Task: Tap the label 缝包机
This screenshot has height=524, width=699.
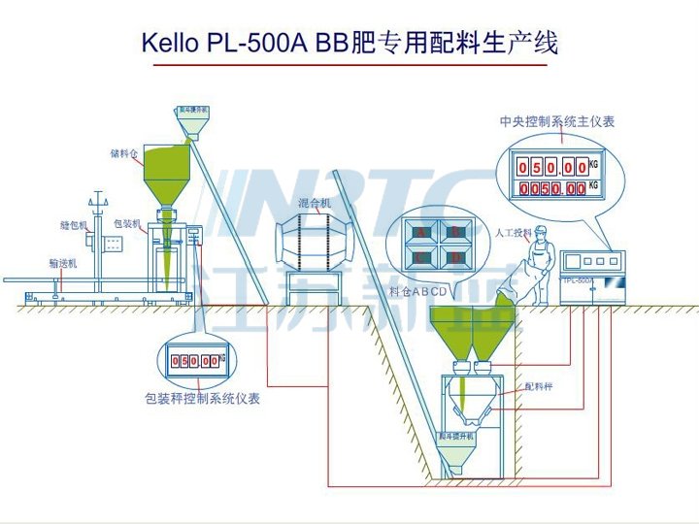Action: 73,224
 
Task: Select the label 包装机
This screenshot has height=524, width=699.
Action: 127,224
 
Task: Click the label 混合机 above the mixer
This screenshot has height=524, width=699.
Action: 315,203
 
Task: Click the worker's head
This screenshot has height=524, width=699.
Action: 542,231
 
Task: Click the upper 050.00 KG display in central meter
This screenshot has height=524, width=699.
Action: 552,167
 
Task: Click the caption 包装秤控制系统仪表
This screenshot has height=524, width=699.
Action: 202,398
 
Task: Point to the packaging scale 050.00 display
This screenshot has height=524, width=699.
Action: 195,361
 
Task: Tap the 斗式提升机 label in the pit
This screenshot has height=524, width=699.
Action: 455,438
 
